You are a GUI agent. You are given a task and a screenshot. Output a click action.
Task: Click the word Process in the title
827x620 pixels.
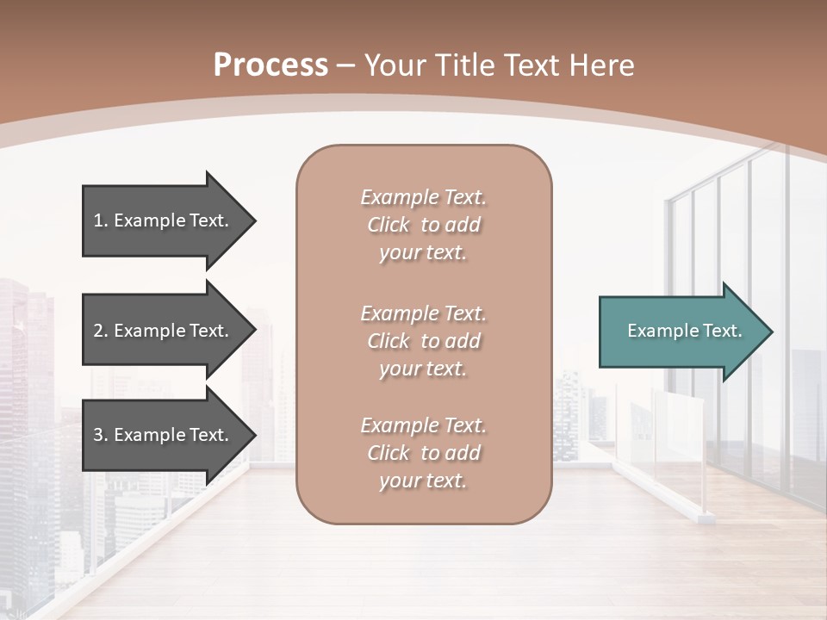(270, 65)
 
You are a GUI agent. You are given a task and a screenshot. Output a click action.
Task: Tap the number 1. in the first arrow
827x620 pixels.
(100, 220)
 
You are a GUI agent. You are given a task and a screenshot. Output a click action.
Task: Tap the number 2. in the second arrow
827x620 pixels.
(100, 331)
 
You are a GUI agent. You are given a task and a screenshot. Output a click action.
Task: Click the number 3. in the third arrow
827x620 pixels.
(100, 435)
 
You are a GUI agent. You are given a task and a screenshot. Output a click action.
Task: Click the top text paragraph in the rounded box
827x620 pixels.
(423, 225)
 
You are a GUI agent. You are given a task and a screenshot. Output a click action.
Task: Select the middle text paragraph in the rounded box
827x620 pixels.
(423, 341)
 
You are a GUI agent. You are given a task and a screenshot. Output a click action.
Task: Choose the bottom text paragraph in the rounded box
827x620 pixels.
(423, 453)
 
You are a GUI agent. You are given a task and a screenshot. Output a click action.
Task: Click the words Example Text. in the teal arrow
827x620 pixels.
(684, 331)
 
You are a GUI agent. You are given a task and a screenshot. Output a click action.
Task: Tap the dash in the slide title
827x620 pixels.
(346, 65)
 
